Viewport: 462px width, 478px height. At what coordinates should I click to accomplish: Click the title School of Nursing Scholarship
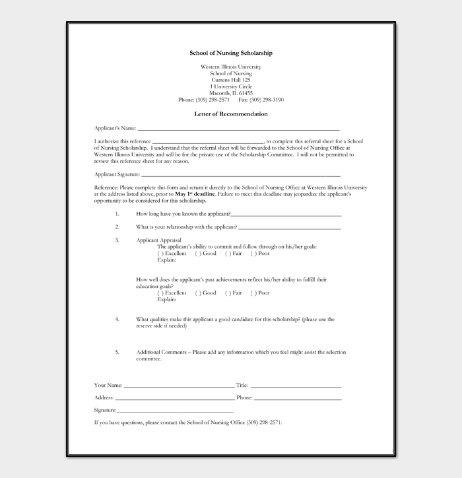[231, 53]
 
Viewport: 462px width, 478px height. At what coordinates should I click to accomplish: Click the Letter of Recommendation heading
[231, 114]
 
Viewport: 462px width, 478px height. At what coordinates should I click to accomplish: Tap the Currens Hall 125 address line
[231, 80]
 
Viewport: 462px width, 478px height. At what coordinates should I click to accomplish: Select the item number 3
[117, 240]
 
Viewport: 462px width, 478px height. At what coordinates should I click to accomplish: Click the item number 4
[117, 319]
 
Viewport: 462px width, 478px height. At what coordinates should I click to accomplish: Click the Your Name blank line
[178, 385]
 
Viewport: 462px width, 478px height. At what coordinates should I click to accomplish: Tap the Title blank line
[296, 385]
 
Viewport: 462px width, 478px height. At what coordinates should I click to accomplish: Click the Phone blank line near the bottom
[298, 399]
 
